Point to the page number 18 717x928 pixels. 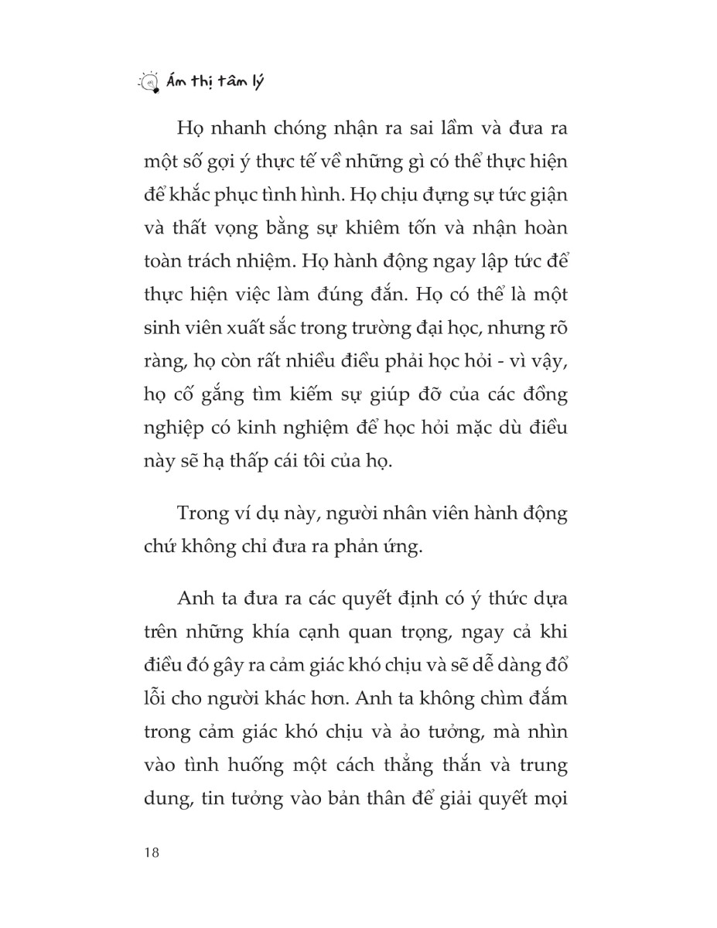coord(152,852)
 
